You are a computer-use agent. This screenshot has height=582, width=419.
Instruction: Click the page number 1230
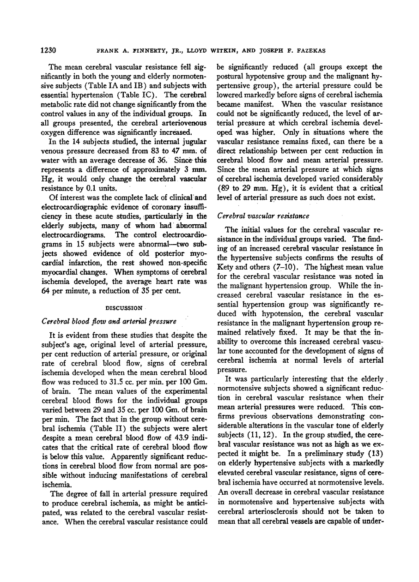[49, 50]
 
